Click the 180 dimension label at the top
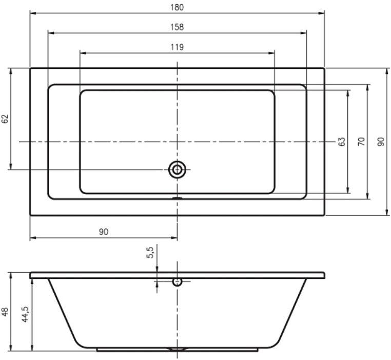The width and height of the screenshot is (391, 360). click(177, 7)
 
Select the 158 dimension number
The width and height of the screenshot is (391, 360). click(177, 27)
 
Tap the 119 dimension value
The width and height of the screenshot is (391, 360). click(177, 47)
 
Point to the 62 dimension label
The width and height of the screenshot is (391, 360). click(5, 119)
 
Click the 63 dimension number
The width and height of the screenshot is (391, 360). click(342, 142)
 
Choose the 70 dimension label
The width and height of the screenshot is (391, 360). click(361, 142)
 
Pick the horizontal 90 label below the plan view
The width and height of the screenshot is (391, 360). click(104, 232)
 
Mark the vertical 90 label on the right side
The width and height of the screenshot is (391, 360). click(381, 142)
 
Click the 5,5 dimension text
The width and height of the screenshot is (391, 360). click(151, 252)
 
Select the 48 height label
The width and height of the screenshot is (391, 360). click(5, 312)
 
